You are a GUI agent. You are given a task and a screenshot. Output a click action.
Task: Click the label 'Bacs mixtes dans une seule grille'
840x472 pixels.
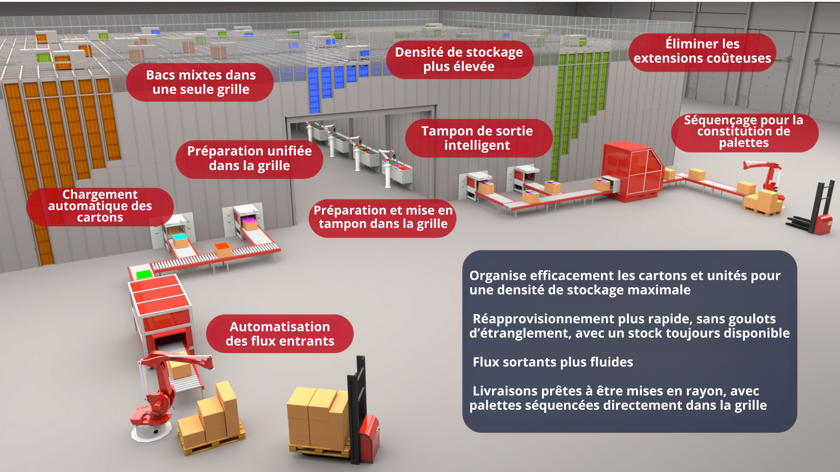(x=200, y=82)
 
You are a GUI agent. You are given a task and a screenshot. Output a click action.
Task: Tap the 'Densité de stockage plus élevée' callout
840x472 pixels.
(x=459, y=59)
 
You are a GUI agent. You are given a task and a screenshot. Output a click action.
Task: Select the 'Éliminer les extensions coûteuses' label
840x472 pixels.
(x=702, y=51)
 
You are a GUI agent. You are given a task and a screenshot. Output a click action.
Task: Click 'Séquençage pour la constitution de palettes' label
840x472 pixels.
(x=745, y=132)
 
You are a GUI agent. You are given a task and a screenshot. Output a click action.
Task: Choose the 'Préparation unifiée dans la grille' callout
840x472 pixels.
(x=249, y=159)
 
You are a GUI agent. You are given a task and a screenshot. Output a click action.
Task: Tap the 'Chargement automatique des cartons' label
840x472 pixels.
(x=100, y=207)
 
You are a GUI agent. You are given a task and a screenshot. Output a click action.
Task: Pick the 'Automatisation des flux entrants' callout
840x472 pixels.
(x=280, y=333)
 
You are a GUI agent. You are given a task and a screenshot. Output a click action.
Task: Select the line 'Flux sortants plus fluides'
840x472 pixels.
(x=553, y=362)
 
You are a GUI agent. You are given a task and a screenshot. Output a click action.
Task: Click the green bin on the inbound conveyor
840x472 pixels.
(x=144, y=274)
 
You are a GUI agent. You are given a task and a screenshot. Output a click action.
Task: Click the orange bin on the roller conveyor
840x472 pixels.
(x=222, y=250)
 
